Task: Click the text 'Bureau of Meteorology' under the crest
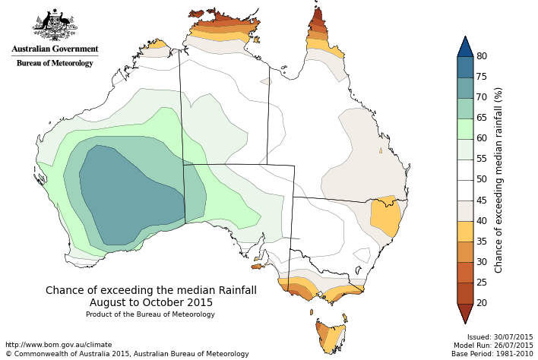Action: pyautogui.click(x=55, y=63)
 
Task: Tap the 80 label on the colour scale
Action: pyautogui.click(x=482, y=56)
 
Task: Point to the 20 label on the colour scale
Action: pyautogui.click(x=482, y=303)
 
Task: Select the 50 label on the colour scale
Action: pyautogui.click(x=482, y=179)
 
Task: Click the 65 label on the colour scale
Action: pyautogui.click(x=482, y=118)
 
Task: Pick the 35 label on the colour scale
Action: pyautogui.click(x=482, y=242)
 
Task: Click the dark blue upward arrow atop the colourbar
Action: pyautogui.click(x=466, y=47)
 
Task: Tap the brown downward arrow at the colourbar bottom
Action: pyautogui.click(x=466, y=312)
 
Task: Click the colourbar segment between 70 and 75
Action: pyautogui.click(x=466, y=87)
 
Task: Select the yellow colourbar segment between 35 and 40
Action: pyautogui.click(x=466, y=232)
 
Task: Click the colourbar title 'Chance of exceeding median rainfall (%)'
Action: pyautogui.click(x=499, y=180)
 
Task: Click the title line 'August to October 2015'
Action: pyautogui.click(x=151, y=302)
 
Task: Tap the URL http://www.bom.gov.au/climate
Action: pyautogui.click(x=59, y=345)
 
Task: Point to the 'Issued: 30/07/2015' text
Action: pyautogui.click(x=500, y=337)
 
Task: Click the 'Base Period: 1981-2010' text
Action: pyautogui.click(x=492, y=354)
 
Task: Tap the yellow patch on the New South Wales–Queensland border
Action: pyautogui.click(x=386, y=216)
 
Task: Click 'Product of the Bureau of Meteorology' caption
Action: pyautogui.click(x=150, y=314)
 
